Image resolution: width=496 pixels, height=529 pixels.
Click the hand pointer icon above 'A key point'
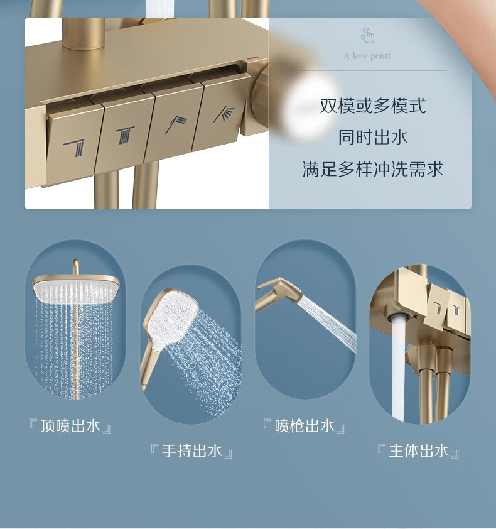pyautogui.click(x=367, y=35)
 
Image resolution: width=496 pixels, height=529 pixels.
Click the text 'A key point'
pyautogui.click(x=367, y=56)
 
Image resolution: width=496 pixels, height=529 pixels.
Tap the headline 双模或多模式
pyautogui.click(x=372, y=106)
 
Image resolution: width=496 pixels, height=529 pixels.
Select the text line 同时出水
pyautogui.click(x=373, y=138)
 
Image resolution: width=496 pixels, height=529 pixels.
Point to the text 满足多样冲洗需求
pyautogui.click(x=372, y=169)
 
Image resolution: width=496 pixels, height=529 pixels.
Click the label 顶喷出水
pyautogui.click(x=70, y=426)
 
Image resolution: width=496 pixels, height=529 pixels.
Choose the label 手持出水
pyautogui.click(x=191, y=451)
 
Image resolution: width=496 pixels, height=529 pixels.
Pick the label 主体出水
pyautogui.click(x=418, y=451)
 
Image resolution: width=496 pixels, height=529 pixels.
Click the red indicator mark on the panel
pyautogui.click(x=252, y=58)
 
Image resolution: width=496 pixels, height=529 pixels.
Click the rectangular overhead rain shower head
pyautogui.click(x=76, y=289)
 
